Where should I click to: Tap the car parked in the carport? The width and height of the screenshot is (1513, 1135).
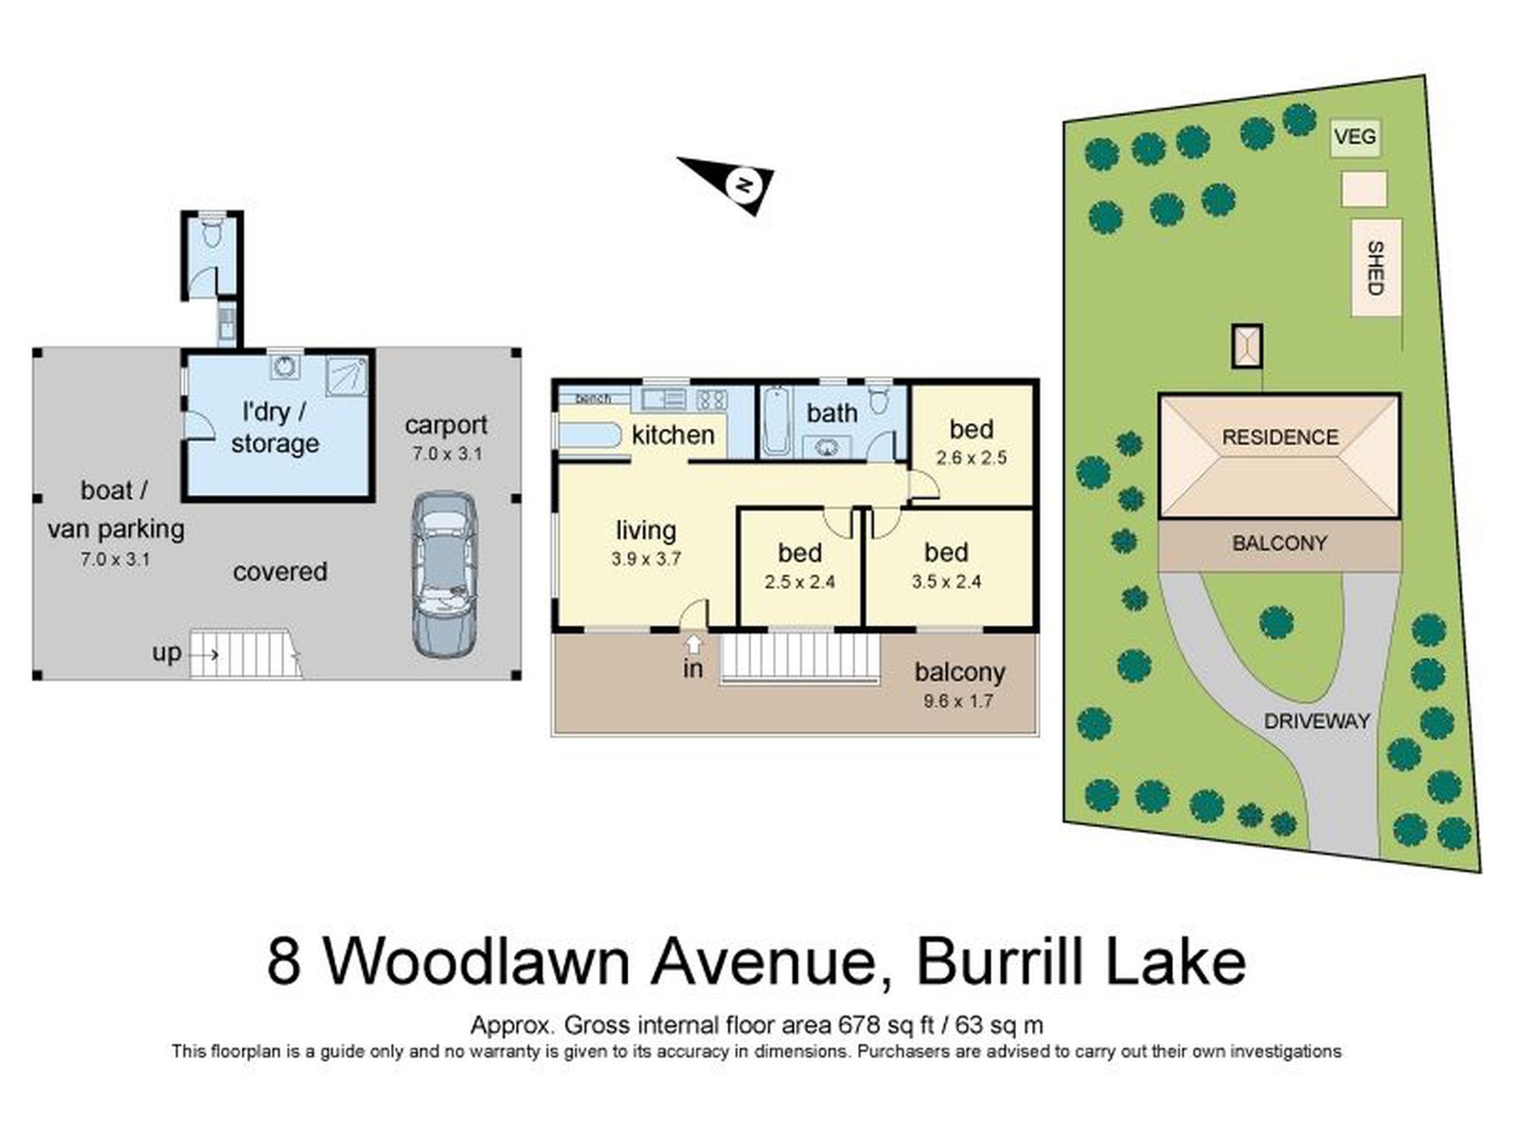[444, 574]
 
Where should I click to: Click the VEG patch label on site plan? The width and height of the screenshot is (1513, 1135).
[1355, 137]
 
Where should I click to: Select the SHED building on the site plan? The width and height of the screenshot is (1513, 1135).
[1375, 268]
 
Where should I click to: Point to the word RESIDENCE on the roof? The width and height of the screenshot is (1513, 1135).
[1280, 437]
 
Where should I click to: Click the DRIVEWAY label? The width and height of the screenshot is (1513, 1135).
[1317, 722]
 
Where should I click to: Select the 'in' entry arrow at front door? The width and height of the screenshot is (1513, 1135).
[694, 644]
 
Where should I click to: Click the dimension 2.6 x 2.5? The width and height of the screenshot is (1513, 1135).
[972, 458]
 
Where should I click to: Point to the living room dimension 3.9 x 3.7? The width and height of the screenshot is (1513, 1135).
[646, 559]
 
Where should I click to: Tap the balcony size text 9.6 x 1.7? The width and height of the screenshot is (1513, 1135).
[958, 702]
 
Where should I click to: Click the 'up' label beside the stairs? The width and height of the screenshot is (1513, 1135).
[167, 653]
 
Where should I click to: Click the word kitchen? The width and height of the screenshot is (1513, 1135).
[673, 435]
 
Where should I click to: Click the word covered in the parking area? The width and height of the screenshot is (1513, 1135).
[280, 572]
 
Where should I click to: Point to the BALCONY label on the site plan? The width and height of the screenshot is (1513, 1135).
[1279, 544]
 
